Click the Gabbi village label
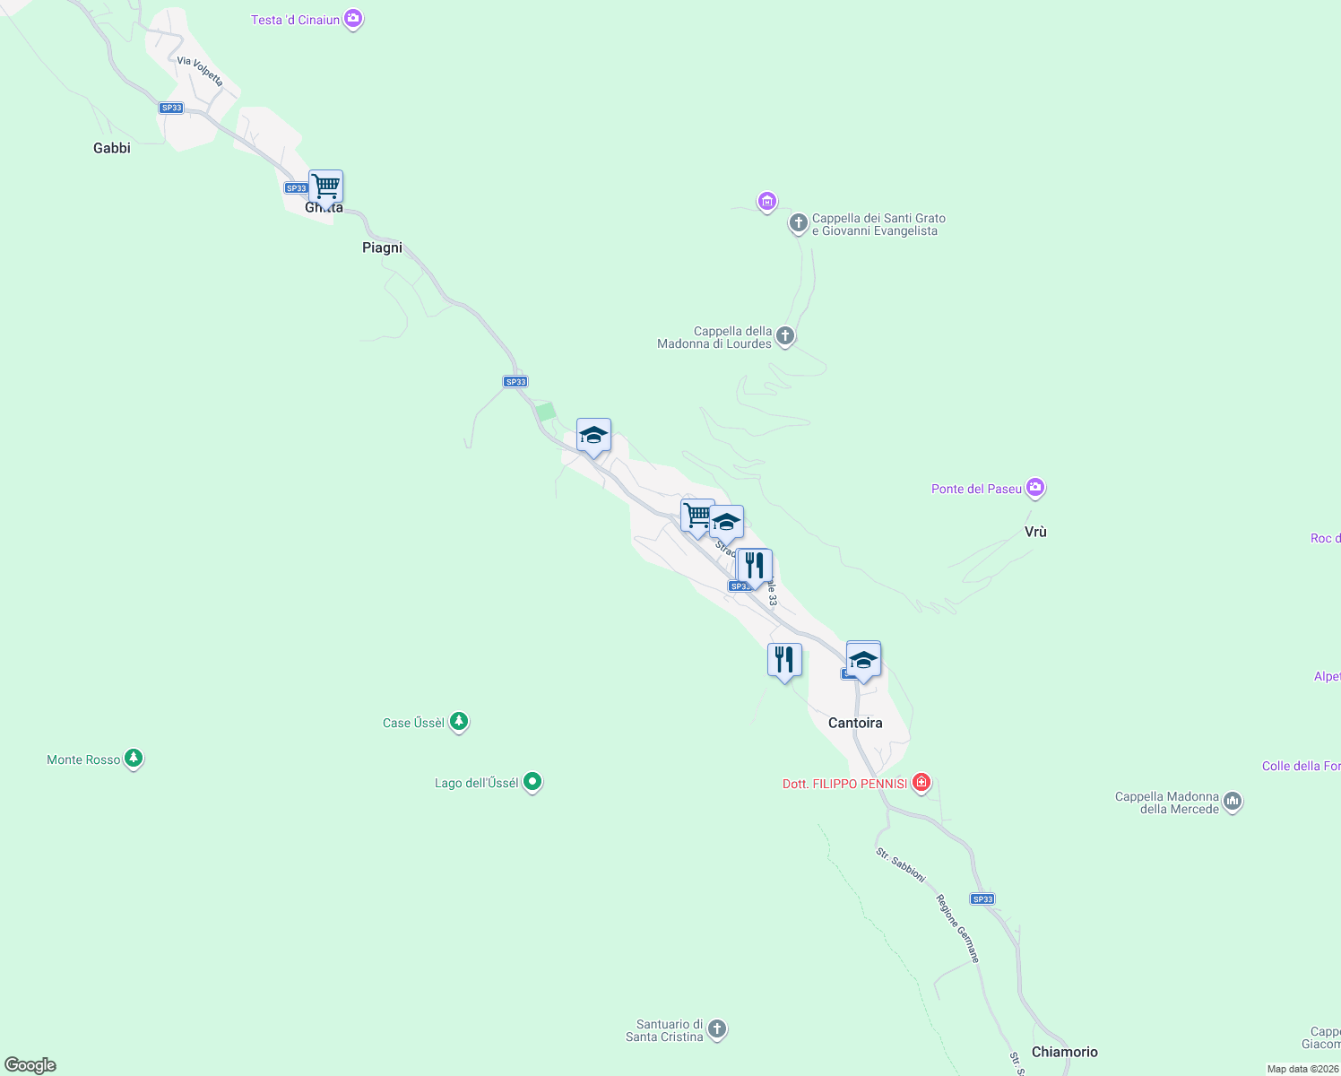[x=112, y=148]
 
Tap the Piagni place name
[x=382, y=247]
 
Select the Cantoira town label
[x=855, y=723]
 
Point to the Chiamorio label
[x=1064, y=1052]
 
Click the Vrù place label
[x=1035, y=532]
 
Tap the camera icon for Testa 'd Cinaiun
[x=353, y=19]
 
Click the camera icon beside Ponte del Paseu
[x=1035, y=488]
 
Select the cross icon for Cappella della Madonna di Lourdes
[x=785, y=336]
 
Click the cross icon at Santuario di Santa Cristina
[x=717, y=1029]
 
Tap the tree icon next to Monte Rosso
[x=134, y=759]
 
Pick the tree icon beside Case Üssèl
[x=459, y=721]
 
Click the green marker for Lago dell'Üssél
[x=532, y=782]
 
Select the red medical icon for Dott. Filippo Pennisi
[x=921, y=783]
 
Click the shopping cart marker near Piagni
[x=325, y=187]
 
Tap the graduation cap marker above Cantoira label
[x=863, y=661]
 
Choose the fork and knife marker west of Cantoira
[x=784, y=661]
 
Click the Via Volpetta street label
[x=200, y=72]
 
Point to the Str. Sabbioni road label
[x=900, y=864]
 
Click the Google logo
[x=30, y=1065]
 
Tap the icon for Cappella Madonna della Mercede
[x=1233, y=802]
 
